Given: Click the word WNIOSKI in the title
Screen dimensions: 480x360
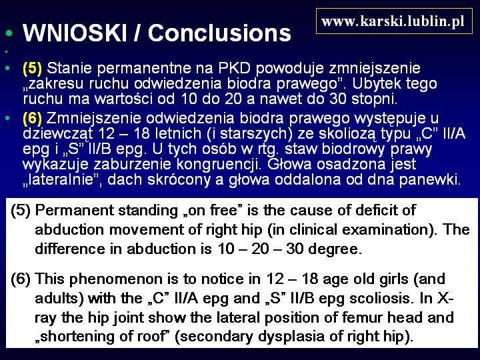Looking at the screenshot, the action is tap(75, 33).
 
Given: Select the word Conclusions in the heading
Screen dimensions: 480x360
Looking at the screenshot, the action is tap(219, 33).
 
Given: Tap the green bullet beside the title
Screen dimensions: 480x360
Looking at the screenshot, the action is tap(9, 33).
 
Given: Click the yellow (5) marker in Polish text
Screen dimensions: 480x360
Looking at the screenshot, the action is tap(32, 68).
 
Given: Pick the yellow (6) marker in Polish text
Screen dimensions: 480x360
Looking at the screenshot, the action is tap(32, 119).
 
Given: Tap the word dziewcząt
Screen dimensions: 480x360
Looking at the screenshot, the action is tap(58, 134).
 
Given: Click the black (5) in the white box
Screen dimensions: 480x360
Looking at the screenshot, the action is tap(21, 211).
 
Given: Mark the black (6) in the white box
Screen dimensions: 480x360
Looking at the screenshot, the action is tap(21, 279).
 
